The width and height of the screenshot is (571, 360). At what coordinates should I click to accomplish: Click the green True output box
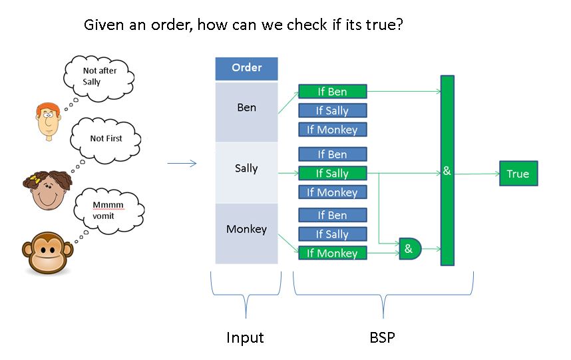[518, 174]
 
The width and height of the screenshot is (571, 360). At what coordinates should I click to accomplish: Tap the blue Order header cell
[246, 68]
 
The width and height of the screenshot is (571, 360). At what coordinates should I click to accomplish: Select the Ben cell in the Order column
[246, 108]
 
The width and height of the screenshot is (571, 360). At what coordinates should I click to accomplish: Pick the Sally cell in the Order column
[246, 168]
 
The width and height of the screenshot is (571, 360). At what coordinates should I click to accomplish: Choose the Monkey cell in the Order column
[246, 230]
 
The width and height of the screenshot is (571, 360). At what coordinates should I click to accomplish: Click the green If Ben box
[332, 92]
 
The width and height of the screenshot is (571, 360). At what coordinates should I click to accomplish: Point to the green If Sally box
[332, 174]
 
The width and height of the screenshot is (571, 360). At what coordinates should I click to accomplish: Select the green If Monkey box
[332, 253]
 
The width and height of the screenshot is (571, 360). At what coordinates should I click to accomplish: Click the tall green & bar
[447, 170]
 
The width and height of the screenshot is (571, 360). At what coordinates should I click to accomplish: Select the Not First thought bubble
[106, 139]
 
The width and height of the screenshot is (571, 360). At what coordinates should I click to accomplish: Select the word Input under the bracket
[246, 337]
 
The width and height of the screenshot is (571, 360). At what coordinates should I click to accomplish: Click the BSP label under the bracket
[382, 337]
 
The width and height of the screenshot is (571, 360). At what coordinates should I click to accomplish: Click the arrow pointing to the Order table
[182, 164]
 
